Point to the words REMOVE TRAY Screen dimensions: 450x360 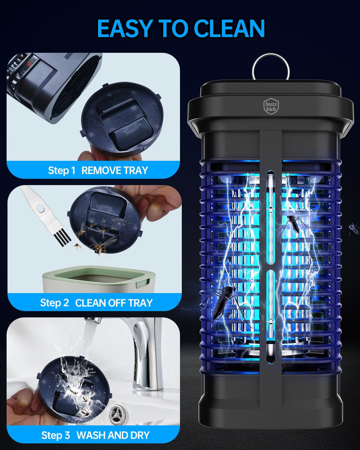pos(114,171)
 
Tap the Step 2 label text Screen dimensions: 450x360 pos(55,303)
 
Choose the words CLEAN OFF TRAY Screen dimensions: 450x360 pos(114,303)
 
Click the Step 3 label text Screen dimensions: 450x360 pos(55,435)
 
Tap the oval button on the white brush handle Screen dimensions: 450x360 pos(40,208)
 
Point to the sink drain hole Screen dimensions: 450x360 pos(116,411)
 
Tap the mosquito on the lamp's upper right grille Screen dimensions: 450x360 pos(293,223)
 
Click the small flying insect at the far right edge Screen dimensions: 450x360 pos(354,229)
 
